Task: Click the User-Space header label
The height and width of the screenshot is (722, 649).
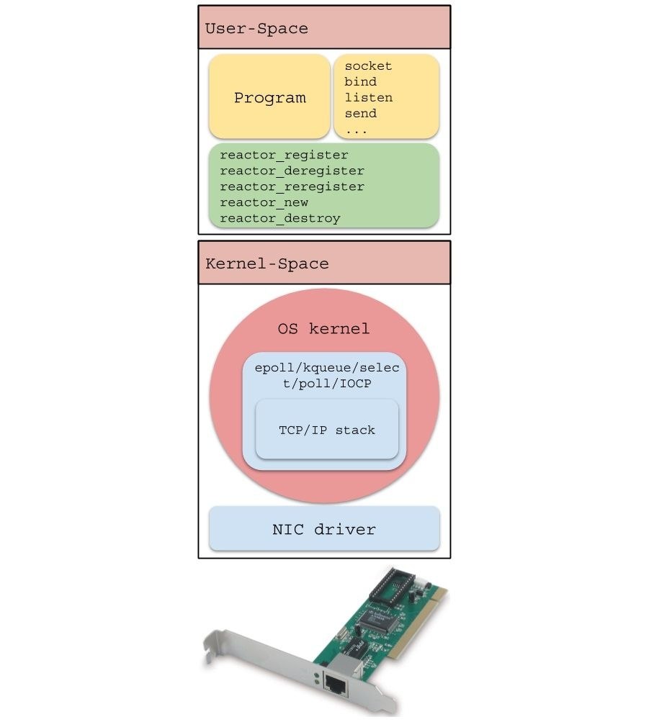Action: [256, 29]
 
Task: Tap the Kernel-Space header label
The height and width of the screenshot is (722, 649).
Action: [267, 263]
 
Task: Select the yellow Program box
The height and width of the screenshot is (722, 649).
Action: [269, 98]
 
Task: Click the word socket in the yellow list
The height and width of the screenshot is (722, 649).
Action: [368, 66]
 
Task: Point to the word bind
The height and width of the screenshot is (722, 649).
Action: [360, 82]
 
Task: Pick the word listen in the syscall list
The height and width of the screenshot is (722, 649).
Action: [368, 98]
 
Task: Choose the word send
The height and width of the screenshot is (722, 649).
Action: [360, 114]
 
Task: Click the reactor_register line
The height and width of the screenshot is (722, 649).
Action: [284, 155]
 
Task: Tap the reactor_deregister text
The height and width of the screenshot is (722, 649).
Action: [292, 171]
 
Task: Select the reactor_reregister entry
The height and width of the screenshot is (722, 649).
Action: [292, 187]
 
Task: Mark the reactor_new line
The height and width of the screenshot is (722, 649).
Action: [264, 203]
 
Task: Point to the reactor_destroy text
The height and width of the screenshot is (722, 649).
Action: [279, 219]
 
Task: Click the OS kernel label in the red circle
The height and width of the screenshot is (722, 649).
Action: [323, 329]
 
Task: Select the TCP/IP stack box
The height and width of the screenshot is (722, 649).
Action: [327, 430]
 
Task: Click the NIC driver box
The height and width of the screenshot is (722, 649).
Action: [324, 530]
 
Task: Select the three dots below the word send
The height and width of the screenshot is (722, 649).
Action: [356, 131]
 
